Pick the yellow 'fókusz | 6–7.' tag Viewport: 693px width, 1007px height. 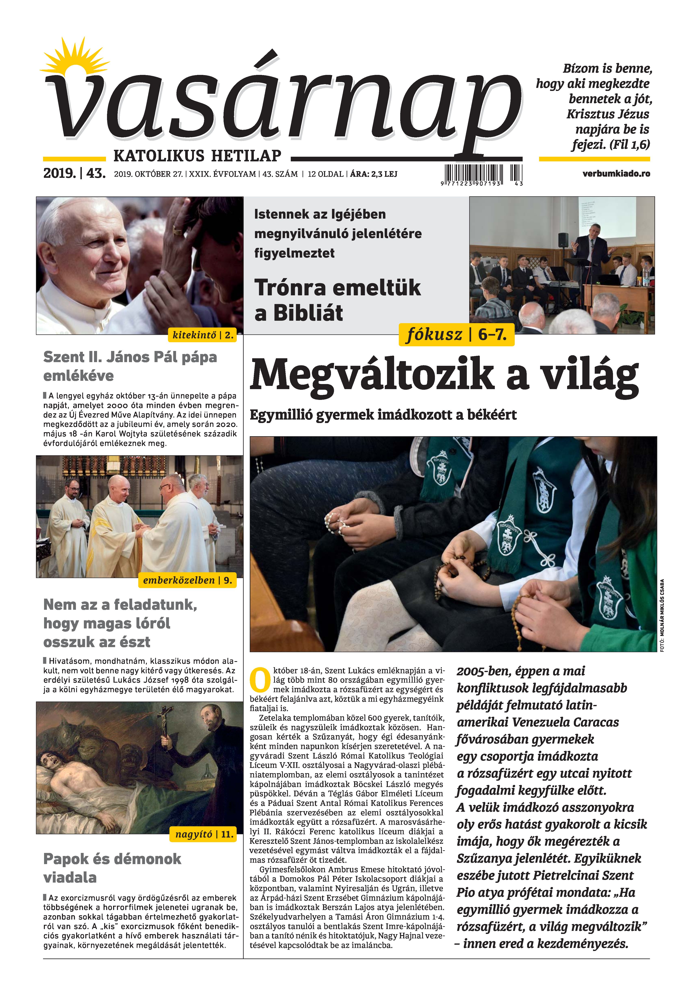pyautogui.click(x=456, y=335)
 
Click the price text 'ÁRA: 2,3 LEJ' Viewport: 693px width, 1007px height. pyautogui.click(x=373, y=174)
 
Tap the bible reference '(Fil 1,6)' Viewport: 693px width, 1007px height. pyautogui.click(x=630, y=144)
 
